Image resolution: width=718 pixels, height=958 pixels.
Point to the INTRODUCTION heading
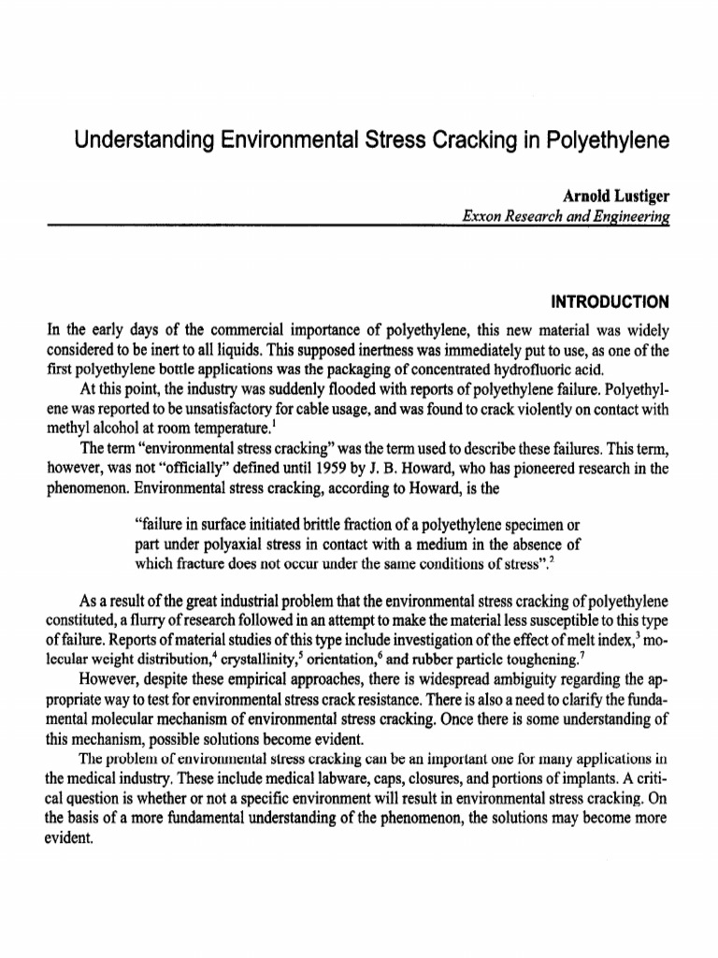point(610,302)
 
